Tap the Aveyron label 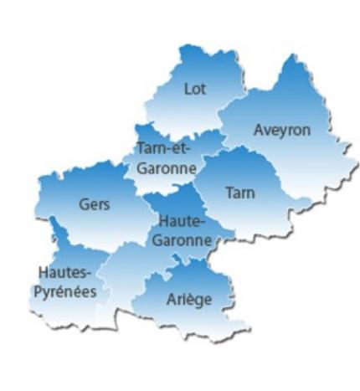click(282, 131)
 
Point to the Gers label click(95, 203)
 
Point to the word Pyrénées click(66, 291)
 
